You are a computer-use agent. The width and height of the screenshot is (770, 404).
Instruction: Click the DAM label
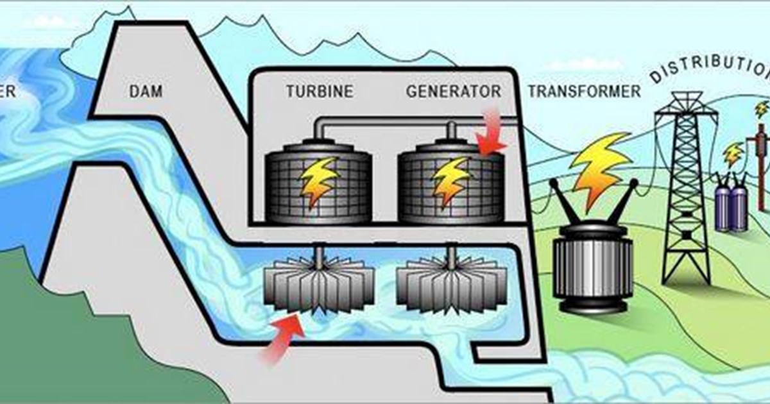pyautogui.click(x=146, y=92)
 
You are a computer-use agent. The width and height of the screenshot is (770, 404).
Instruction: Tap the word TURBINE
pyautogui.click(x=320, y=91)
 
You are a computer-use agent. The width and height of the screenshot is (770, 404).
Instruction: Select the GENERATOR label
pyautogui.click(x=453, y=91)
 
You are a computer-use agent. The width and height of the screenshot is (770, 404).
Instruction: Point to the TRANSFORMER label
pyautogui.click(x=584, y=91)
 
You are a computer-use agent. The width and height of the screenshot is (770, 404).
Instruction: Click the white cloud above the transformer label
pyautogui.click(x=584, y=64)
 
